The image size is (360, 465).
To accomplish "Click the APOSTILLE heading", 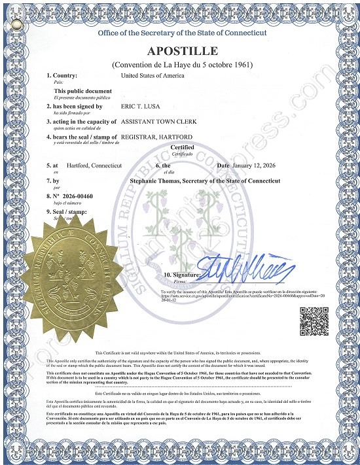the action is (x=183, y=52).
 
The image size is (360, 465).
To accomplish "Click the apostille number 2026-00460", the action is (x=71, y=196).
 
